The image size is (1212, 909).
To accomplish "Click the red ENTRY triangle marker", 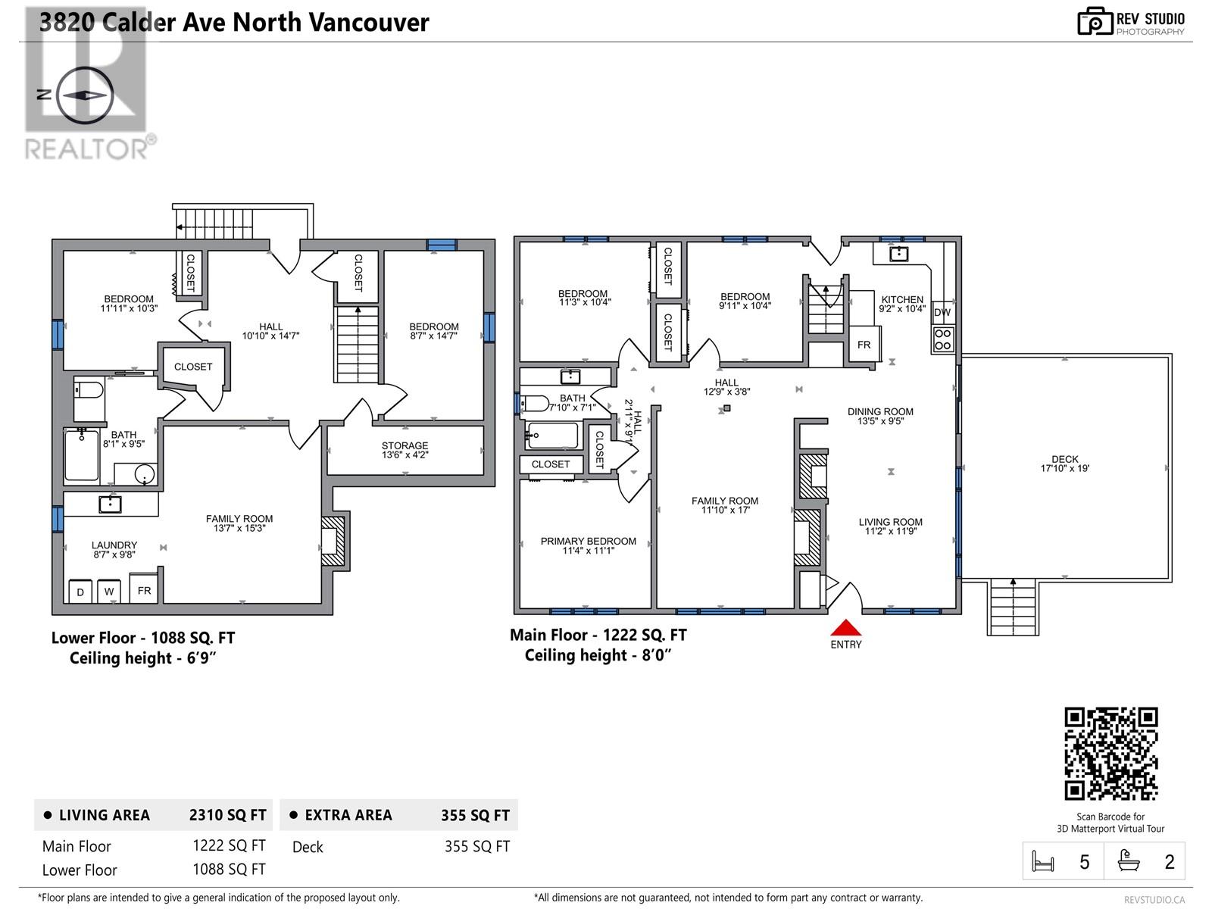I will [846, 627].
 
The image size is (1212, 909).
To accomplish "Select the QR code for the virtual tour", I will [1111, 754].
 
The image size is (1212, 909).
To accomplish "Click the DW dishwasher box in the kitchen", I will [942, 312].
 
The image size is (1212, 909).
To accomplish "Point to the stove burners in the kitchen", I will [943, 339].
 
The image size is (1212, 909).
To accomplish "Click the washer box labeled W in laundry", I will [109, 592].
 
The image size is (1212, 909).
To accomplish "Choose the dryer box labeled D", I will [80, 592].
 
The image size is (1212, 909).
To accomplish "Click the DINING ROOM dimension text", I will [880, 421].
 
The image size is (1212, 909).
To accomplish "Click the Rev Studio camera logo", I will [1095, 22].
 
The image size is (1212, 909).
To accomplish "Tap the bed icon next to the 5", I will [1043, 862].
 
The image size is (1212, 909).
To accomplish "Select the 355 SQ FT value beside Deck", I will [476, 846].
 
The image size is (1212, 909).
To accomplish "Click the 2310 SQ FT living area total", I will [227, 815].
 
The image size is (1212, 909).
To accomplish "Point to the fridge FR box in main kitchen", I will [864, 345].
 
